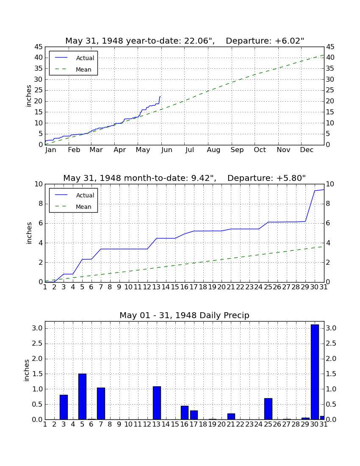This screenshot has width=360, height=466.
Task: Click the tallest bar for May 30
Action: pyautogui.click(x=315, y=372)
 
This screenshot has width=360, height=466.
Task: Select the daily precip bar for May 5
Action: pyautogui.click(x=82, y=397)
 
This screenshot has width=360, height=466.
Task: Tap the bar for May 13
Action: pyautogui.click(x=157, y=403)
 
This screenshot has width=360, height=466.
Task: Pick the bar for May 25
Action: pyautogui.click(x=268, y=409)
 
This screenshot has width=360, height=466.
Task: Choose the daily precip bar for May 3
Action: pyautogui.click(x=64, y=407)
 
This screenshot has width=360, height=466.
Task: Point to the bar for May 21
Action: pyautogui.click(x=231, y=416)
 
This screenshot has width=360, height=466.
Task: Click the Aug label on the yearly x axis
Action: pyautogui.click(x=213, y=150)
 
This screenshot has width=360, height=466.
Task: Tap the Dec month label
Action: pyautogui.click(x=307, y=150)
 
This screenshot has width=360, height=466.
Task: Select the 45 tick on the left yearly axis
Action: pyautogui.click(x=39, y=47)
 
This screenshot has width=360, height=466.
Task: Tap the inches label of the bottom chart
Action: pyautogui.click(x=27, y=370)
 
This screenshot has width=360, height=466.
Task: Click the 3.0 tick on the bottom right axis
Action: pyautogui.click(x=331, y=328)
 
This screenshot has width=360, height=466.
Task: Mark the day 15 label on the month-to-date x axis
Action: pyautogui.click(x=175, y=287)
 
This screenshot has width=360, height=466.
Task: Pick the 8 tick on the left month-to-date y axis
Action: pyautogui.click(x=41, y=204)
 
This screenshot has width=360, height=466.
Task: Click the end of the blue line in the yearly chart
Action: pyautogui.click(x=161, y=97)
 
